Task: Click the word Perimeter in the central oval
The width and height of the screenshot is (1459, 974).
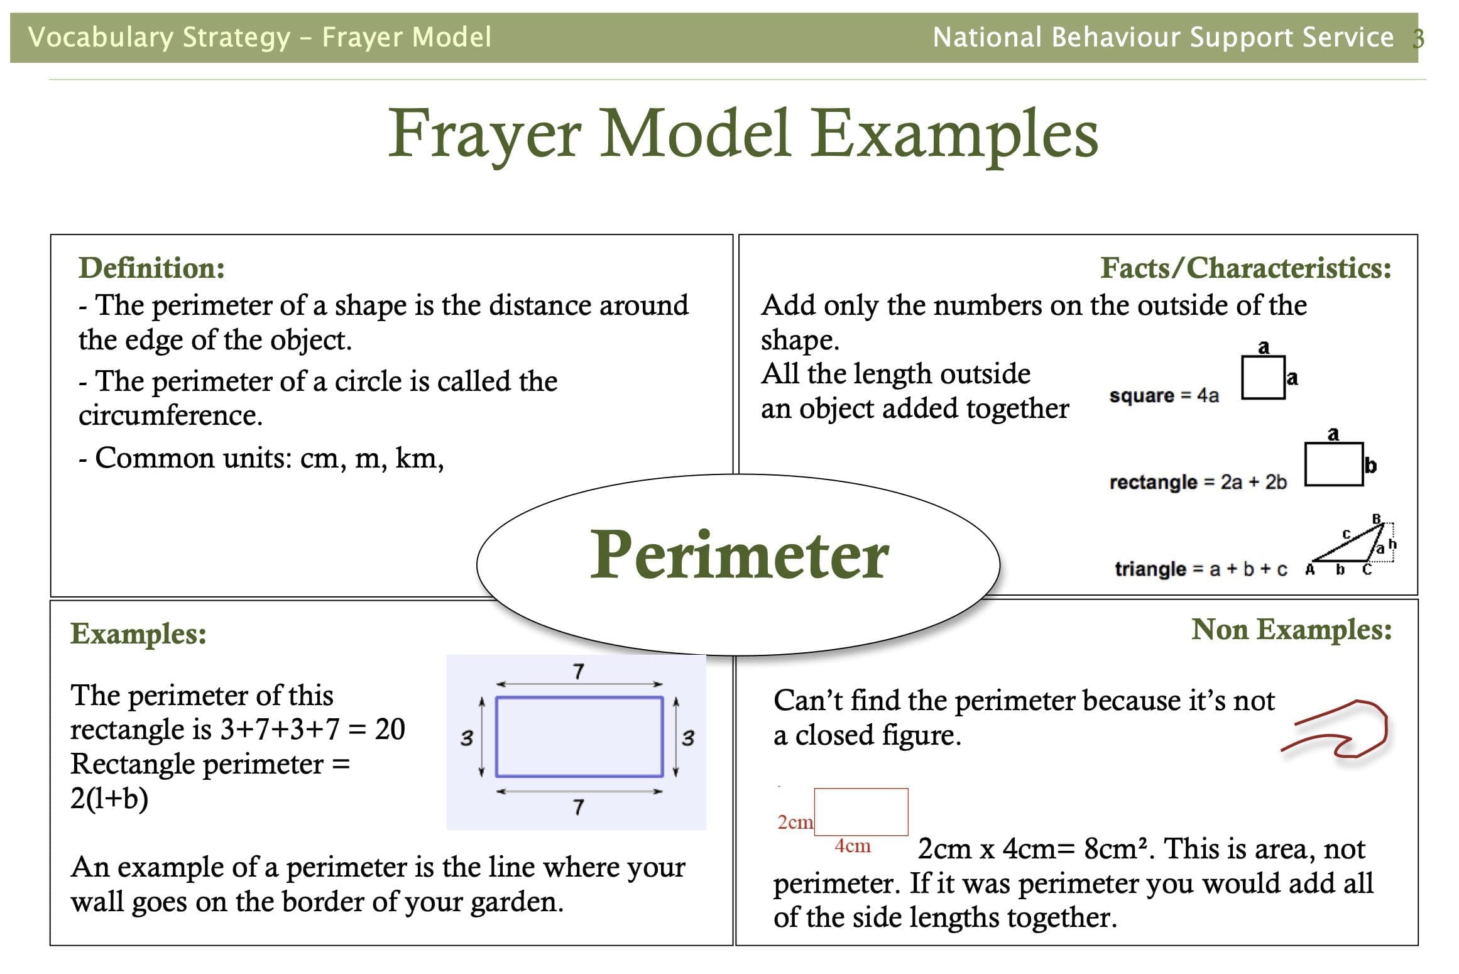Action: coord(740,555)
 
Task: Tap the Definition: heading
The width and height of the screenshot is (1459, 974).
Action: coord(152,268)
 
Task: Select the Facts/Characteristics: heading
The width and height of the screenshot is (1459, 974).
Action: coord(1246,268)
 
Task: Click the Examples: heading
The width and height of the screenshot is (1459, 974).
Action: coord(138,633)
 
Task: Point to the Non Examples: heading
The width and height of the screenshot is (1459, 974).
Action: coord(1292,630)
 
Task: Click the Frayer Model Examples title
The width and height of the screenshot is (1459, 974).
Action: coord(743,133)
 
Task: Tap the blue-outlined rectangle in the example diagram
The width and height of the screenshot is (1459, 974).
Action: coord(579,698)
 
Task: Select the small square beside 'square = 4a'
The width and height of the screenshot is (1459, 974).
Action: coord(1263,357)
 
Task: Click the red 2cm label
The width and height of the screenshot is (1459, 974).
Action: coord(795,822)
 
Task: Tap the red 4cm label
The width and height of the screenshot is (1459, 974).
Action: coord(853,846)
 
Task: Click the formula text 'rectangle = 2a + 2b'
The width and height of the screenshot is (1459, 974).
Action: coord(1198,482)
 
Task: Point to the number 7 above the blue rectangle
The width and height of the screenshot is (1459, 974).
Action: coord(579,672)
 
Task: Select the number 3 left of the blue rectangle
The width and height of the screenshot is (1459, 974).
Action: coord(466,738)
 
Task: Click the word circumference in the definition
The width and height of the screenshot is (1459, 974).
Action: coord(170,415)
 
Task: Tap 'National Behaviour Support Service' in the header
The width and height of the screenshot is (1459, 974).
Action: coord(1163,37)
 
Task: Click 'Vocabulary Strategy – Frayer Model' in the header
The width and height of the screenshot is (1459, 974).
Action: coord(260,37)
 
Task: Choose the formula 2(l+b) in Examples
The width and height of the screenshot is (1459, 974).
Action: coord(109,799)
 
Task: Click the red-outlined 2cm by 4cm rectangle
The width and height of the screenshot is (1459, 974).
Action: coord(861,789)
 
